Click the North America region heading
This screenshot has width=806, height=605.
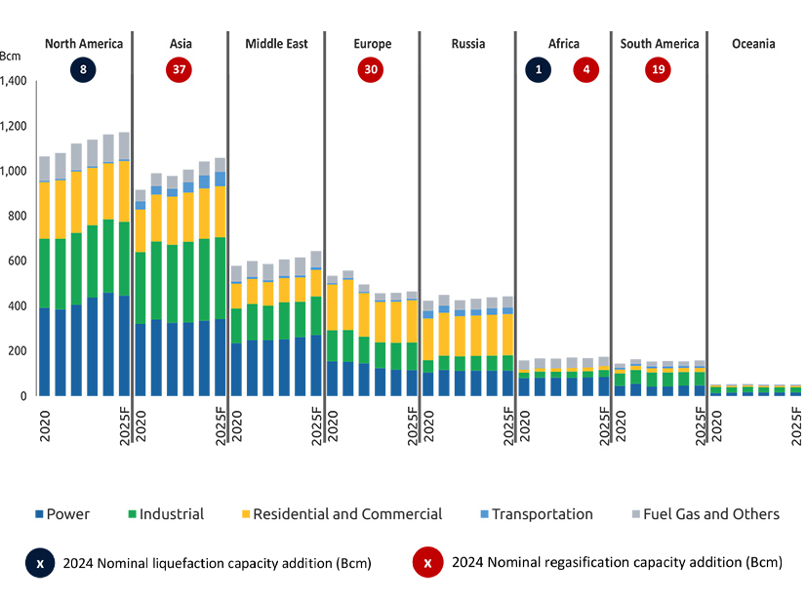pyautogui.click(x=84, y=44)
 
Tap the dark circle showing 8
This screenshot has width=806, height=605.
pyautogui.click(x=84, y=70)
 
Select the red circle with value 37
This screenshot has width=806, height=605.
pyautogui.click(x=179, y=70)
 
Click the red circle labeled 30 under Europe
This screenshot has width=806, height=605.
pyautogui.click(x=372, y=70)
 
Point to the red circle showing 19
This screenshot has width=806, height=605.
pyautogui.click(x=659, y=70)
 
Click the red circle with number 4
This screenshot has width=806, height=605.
pyautogui.click(x=586, y=70)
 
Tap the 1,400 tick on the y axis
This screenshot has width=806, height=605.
pyautogui.click(x=17, y=81)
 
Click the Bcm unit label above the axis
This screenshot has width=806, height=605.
pyautogui.click(x=12, y=56)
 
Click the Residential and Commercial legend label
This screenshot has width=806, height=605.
pyautogui.click(x=346, y=514)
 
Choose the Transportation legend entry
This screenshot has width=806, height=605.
pyautogui.click(x=542, y=514)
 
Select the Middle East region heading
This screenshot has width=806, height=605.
pyautogui.click(x=276, y=44)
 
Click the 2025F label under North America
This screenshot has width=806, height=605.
pyautogui.click(x=125, y=424)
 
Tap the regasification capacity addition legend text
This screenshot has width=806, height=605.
pyautogui.click(x=615, y=563)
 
